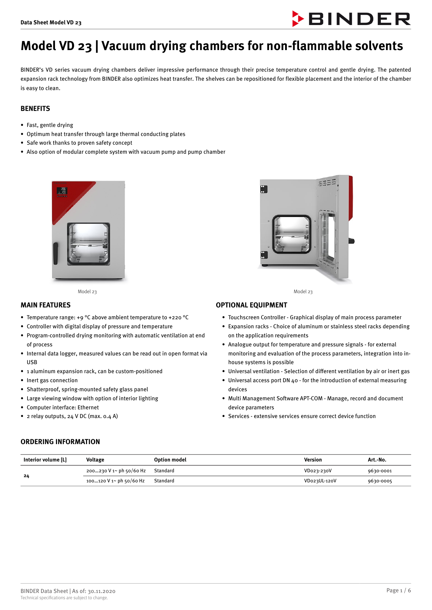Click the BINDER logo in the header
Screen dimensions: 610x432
[351, 19]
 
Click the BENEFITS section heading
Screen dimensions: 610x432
[35, 109]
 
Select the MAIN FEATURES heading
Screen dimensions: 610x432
[46, 305]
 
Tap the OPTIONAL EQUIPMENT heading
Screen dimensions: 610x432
[251, 305]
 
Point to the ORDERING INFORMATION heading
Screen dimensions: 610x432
[60, 442]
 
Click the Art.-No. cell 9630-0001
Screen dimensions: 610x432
[380, 471]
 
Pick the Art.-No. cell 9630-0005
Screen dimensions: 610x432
[380, 481]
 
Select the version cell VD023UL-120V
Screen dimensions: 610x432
[320, 481]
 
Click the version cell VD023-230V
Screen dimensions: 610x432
[318, 471]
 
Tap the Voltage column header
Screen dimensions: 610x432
[95, 460]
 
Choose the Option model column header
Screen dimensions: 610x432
[170, 460]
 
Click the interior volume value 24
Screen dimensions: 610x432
[26, 476]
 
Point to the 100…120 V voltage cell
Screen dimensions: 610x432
[115, 481]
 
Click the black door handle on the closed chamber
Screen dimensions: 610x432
[55, 253]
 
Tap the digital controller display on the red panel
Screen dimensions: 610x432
[63, 191]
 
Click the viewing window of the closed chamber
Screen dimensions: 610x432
[88, 244]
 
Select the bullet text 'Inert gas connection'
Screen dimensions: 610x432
[52, 380]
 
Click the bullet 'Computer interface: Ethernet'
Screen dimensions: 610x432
[63, 408]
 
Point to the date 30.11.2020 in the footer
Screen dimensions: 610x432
[101, 591]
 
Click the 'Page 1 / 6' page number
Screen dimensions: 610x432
[398, 591]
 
